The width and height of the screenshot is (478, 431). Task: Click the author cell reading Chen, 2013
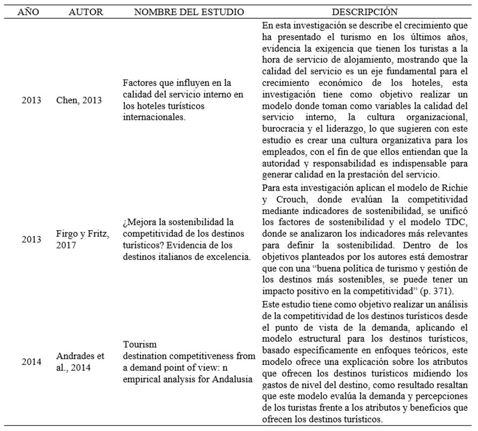(x=79, y=100)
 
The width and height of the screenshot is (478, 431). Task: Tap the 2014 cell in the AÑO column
(x=32, y=361)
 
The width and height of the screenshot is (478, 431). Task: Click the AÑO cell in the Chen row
(x=32, y=100)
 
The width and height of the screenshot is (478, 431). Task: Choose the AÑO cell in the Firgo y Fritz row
(x=32, y=239)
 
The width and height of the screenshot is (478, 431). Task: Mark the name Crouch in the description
(x=289, y=200)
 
